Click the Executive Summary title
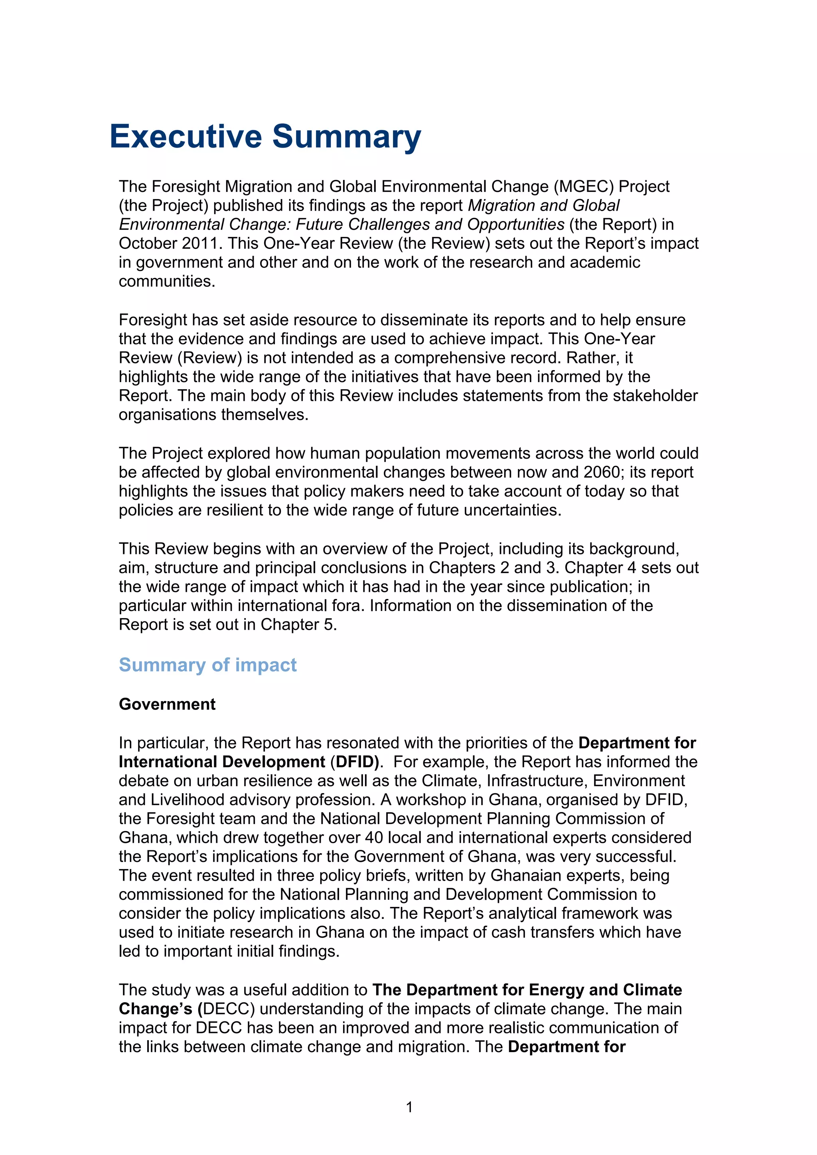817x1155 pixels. pyautogui.click(x=265, y=137)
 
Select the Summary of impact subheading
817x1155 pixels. pyautogui.click(x=207, y=665)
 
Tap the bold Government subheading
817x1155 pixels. pyautogui.click(x=167, y=704)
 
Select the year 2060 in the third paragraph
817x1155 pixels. pyautogui.click(x=602, y=472)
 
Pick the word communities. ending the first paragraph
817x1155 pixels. pyautogui.click(x=167, y=281)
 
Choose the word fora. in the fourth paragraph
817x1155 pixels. pyautogui.click(x=347, y=606)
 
